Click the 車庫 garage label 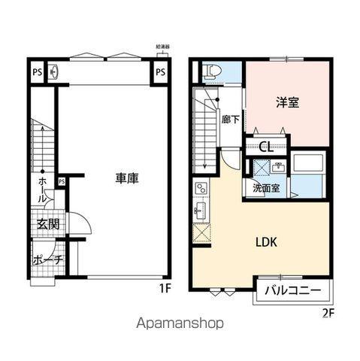126,178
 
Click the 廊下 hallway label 231,119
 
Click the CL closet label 265,147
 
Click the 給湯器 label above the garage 162,47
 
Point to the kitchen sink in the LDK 201,207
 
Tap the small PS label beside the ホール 62,181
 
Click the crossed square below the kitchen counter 201,232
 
